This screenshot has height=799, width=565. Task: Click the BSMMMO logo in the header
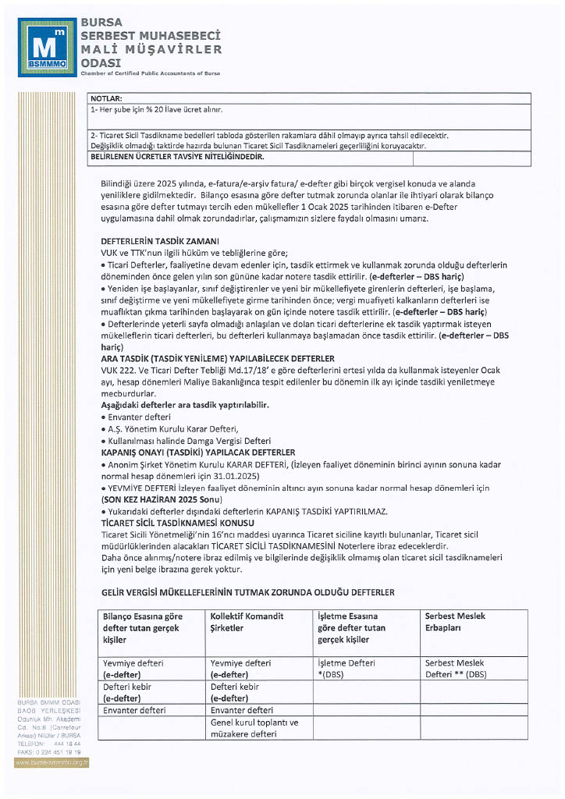pyautogui.click(x=48, y=47)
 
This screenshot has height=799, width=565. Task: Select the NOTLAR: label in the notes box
pyautogui.click(x=107, y=99)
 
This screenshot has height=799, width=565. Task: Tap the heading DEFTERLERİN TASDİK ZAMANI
pyautogui.click(x=160, y=241)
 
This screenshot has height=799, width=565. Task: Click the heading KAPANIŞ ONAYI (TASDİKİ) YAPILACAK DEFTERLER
pyautogui.click(x=198, y=452)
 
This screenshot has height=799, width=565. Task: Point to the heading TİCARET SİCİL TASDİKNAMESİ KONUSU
pyautogui.click(x=177, y=521)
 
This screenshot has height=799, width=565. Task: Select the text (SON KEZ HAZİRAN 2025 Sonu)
pyautogui.click(x=162, y=499)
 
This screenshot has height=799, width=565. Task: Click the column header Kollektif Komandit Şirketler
pyautogui.click(x=247, y=622)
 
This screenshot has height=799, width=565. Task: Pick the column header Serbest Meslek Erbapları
pyautogui.click(x=455, y=622)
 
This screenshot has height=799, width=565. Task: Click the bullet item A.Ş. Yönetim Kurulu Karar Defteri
pyautogui.click(x=172, y=429)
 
